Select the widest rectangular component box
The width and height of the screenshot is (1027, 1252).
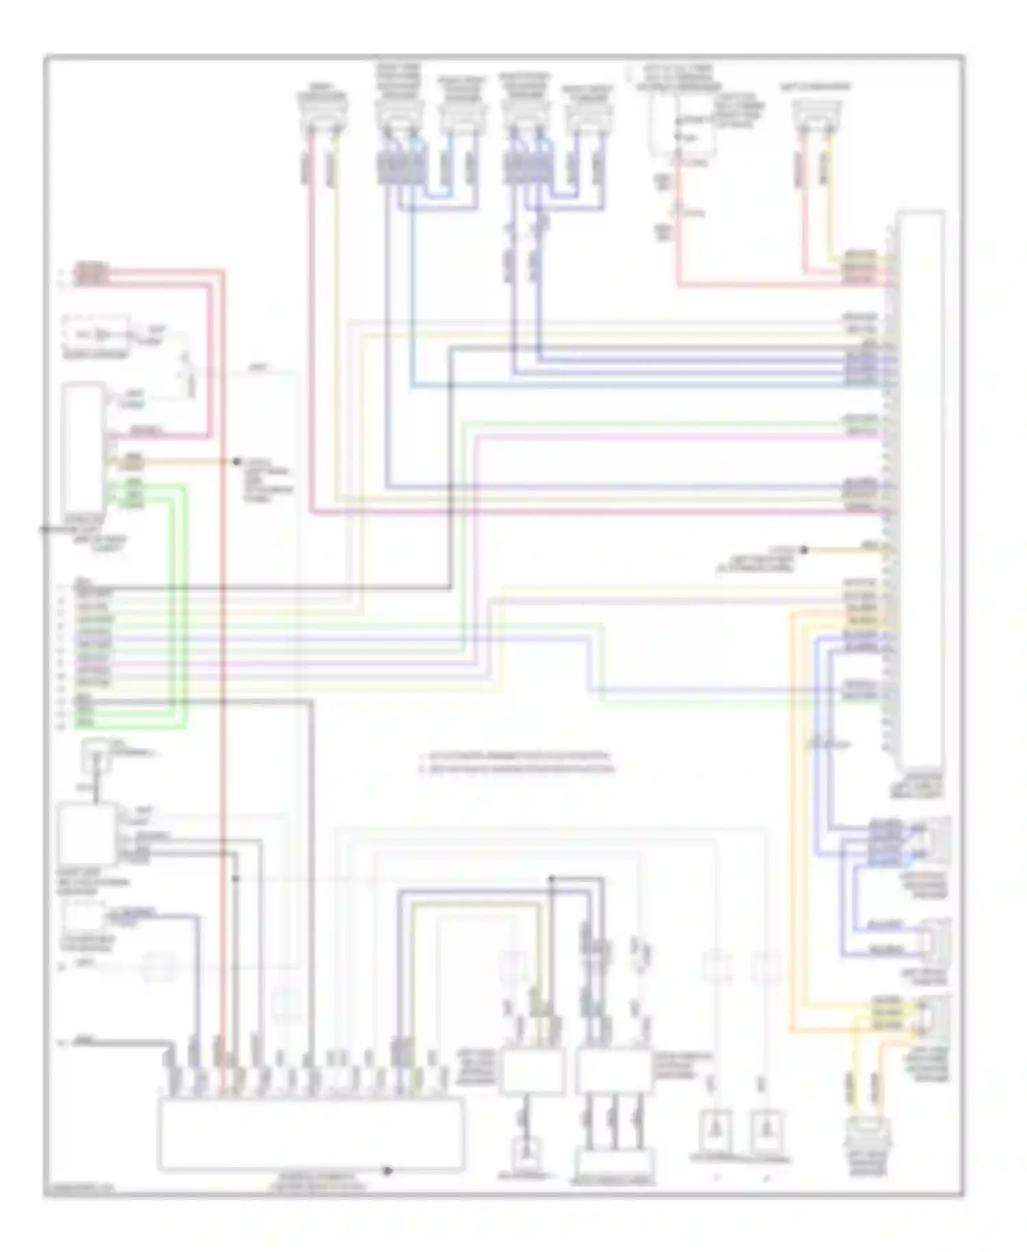[310, 1133]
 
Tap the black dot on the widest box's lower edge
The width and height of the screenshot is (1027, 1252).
[388, 1170]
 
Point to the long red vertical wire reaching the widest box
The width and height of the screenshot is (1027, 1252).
[222, 685]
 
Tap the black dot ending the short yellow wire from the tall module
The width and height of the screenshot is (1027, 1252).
[805, 549]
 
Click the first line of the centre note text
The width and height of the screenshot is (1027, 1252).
[517, 756]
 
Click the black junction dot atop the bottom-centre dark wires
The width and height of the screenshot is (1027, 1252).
[553, 878]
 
